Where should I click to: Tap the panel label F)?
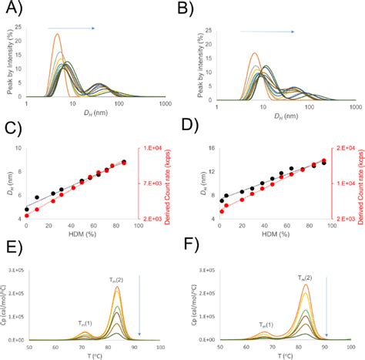(x=199, y=248)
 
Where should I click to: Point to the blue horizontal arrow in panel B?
(x=267, y=32)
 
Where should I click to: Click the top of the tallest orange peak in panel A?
(x=56, y=34)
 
